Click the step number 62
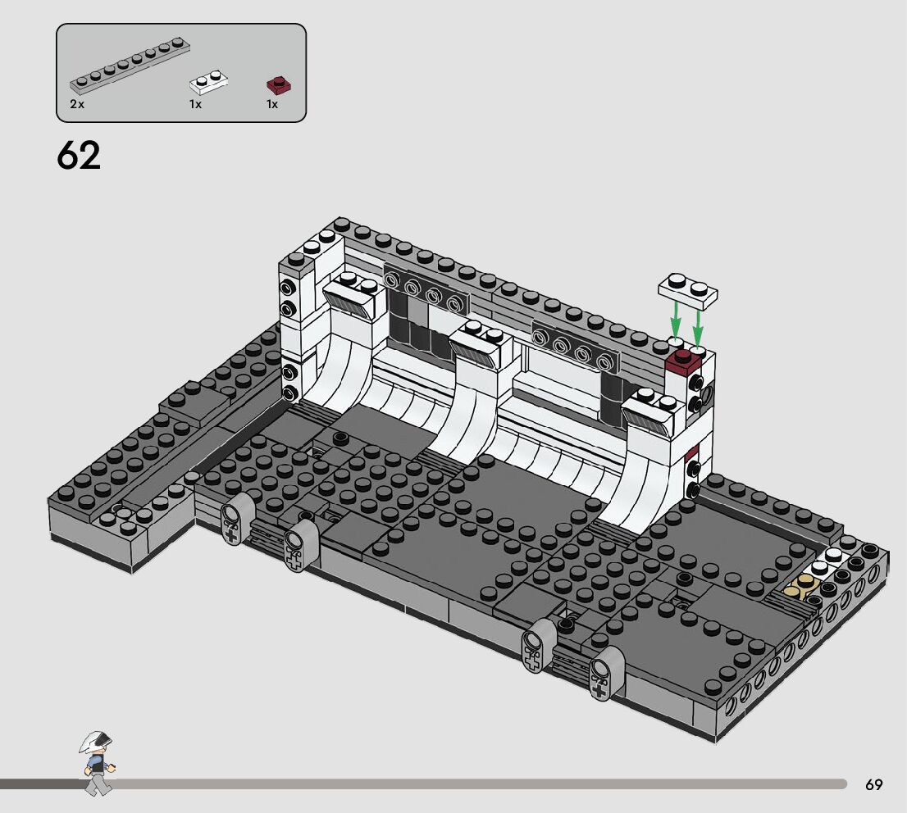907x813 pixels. point(79,155)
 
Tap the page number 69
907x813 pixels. point(874,784)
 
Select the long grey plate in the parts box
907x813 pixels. point(130,66)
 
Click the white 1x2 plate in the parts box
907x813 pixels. point(209,82)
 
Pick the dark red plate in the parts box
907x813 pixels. point(279,85)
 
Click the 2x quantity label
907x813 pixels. point(77,104)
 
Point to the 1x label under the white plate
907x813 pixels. point(195,104)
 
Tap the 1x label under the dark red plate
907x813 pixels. point(272,104)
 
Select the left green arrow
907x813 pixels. point(674,321)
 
